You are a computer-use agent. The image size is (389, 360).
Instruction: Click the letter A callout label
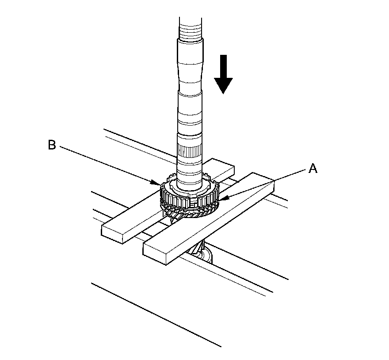point(313,168)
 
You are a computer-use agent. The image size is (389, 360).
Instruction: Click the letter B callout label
point(52,145)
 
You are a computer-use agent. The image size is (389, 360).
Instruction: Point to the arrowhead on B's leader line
point(155,182)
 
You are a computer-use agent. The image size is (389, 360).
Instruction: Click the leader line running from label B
point(106,164)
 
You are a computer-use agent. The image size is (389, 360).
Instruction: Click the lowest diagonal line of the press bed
point(155,314)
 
